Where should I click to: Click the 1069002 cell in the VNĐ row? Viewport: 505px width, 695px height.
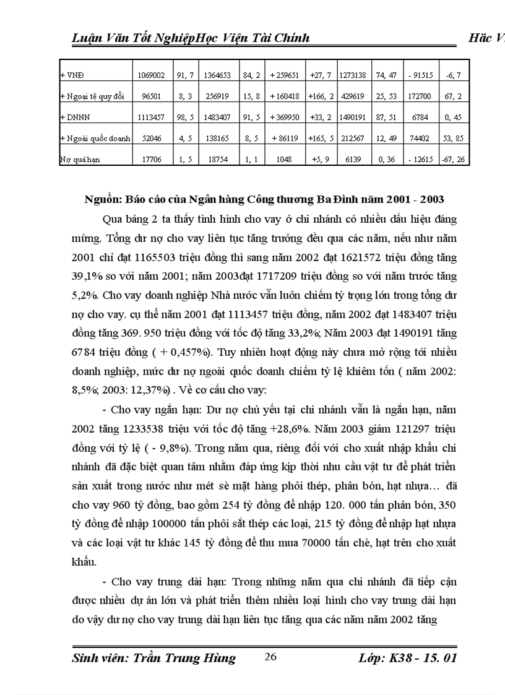(x=152, y=75)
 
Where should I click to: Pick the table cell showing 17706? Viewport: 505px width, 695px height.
(x=152, y=159)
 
